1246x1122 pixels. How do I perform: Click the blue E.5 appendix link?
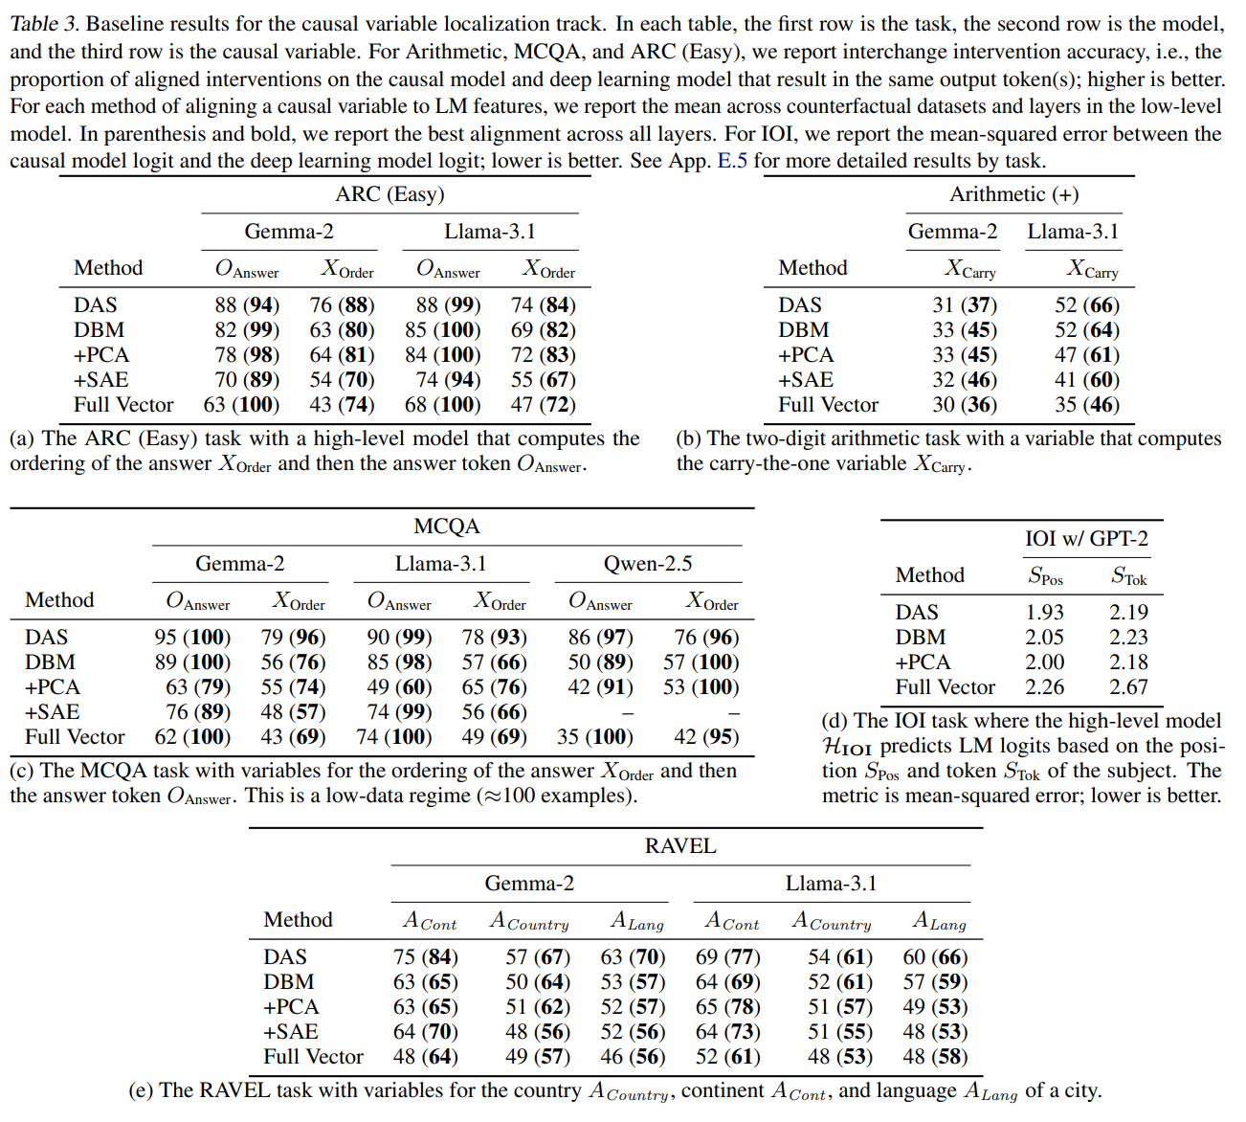[732, 161]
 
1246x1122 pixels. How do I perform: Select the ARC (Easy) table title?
[389, 194]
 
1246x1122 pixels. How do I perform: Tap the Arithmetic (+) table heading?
[1013, 194]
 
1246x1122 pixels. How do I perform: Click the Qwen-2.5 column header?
[648, 564]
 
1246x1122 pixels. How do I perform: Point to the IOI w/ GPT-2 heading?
[1086, 538]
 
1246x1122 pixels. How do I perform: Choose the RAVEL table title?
[680, 846]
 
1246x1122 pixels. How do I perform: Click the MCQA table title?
[447, 527]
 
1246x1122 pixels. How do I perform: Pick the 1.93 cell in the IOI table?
[1044, 613]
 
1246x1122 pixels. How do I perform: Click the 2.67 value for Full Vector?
[1128, 687]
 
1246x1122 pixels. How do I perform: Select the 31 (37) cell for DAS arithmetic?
[965, 305]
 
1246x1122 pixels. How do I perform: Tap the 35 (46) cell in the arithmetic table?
[1087, 405]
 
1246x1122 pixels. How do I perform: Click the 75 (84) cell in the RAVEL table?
[425, 957]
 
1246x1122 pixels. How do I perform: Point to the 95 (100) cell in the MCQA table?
[192, 638]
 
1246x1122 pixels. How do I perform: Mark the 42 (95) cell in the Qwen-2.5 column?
[706, 737]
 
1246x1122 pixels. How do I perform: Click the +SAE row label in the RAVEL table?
[291, 1032]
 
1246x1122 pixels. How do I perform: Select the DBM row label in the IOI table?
[921, 638]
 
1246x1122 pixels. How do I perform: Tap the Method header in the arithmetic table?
[812, 268]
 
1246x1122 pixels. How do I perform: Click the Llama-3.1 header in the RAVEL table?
[831, 884]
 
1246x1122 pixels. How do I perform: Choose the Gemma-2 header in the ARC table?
[289, 232]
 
